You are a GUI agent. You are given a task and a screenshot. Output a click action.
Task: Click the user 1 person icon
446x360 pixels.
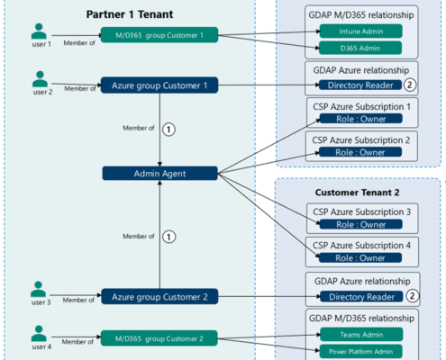point(39,31)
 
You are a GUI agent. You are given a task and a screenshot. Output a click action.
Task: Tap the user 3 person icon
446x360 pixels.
point(39,289)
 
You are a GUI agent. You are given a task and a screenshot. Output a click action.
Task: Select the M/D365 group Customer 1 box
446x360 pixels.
point(159,35)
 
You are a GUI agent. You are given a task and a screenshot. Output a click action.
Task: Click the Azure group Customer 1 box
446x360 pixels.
point(159,85)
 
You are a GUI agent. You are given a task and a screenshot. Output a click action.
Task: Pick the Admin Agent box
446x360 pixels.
point(159,174)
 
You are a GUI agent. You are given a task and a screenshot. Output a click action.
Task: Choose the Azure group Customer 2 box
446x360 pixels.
point(159,297)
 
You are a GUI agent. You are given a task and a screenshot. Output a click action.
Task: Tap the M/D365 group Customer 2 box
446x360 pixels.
point(159,338)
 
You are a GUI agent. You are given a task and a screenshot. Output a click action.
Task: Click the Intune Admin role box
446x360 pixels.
point(360,31)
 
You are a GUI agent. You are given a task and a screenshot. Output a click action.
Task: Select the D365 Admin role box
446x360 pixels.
point(360,48)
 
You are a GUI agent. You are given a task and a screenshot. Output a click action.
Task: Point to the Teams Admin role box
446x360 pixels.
point(361,335)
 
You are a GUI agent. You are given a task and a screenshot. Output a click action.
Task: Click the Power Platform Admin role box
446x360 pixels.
point(360,351)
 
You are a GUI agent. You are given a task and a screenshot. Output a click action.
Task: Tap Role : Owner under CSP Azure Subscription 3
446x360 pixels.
point(360,224)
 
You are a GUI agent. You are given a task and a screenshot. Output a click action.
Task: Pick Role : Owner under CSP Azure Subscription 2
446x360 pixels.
point(360,152)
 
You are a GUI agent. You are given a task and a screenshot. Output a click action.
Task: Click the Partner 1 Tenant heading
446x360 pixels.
point(130,14)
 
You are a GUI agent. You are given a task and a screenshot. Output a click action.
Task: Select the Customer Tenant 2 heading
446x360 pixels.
point(357,193)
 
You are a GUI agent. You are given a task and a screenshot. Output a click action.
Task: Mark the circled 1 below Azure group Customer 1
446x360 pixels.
point(168,130)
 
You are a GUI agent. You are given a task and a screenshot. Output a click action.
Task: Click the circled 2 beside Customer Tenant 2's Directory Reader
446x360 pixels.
point(413,296)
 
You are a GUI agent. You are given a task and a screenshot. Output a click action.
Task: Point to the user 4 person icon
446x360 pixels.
point(39,333)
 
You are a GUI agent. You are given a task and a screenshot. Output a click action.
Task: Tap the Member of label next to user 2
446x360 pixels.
point(80,88)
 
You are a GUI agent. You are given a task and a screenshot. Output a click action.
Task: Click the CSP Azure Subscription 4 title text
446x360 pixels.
point(361,246)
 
